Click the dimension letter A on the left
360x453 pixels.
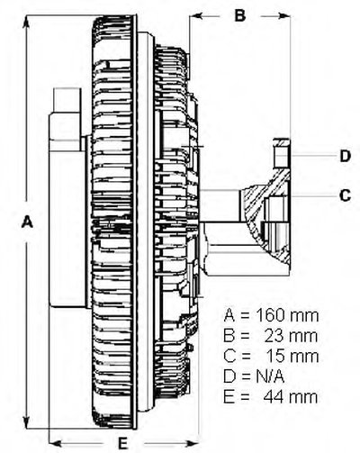pyautogui.click(x=27, y=222)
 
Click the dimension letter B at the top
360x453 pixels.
pyautogui.click(x=240, y=14)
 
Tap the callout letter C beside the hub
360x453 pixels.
pyautogui.click(x=345, y=195)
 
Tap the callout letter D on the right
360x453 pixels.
pyautogui.click(x=346, y=156)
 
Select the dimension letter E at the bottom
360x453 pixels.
pyautogui.click(x=122, y=443)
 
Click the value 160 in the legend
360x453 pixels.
pyautogui.click(x=270, y=315)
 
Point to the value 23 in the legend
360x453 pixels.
pyautogui.click(x=274, y=336)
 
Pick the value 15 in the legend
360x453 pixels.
pyautogui.click(x=275, y=356)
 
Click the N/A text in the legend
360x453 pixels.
pyautogui.click(x=270, y=376)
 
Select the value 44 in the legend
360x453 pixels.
pyautogui.click(x=274, y=396)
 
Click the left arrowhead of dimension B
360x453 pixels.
pyautogui.click(x=197, y=15)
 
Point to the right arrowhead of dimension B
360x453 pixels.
pyautogui.click(x=283, y=15)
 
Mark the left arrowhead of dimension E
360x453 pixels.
pyautogui.click(x=56, y=443)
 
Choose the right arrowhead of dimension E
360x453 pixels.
pyautogui.click(x=191, y=443)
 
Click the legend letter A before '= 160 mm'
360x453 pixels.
pyautogui.click(x=229, y=315)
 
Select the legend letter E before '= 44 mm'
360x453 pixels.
pyautogui.click(x=228, y=396)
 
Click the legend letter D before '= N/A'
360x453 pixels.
pyautogui.click(x=229, y=376)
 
